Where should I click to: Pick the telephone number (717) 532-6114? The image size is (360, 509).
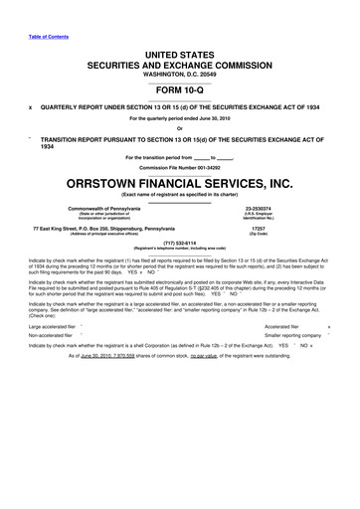coord(180,241)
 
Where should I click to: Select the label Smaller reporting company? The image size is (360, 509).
coord(294,336)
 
